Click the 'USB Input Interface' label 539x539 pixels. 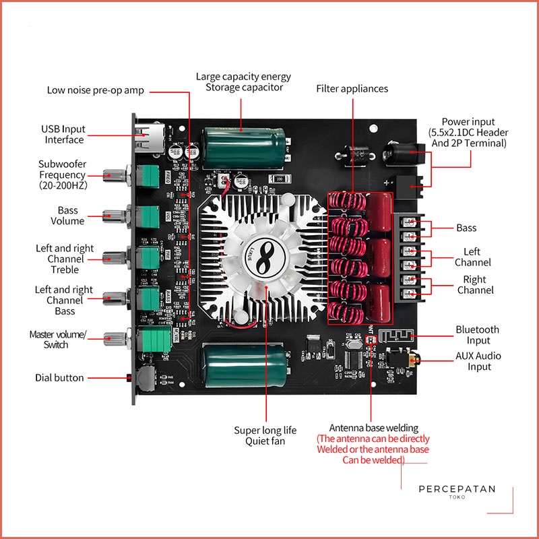click(64, 134)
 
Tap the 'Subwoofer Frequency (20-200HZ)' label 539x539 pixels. click(62, 175)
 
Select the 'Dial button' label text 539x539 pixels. click(59, 378)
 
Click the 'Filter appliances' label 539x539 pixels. click(352, 88)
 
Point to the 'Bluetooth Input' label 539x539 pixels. click(477, 335)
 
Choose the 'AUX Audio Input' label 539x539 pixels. click(479, 361)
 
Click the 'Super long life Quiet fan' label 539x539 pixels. click(265, 435)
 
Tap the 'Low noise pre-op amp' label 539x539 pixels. click(95, 90)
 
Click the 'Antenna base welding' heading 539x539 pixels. click(373, 428)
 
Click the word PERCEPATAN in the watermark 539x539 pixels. click(457, 489)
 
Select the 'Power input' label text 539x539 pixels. click(468, 122)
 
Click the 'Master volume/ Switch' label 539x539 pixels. click(58, 339)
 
